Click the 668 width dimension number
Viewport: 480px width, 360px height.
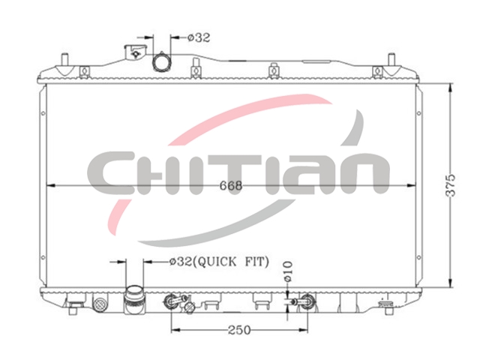coord(231,185)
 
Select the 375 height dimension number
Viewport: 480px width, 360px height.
coord(450,185)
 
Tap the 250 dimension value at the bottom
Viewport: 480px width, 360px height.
coord(239,330)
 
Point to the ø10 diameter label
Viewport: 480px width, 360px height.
coord(288,271)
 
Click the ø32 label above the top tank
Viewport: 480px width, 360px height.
coord(199,37)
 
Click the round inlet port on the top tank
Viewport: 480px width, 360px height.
coord(160,62)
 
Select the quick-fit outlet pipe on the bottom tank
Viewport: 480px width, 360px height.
coord(135,299)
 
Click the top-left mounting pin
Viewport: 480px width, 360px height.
coord(64,59)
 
